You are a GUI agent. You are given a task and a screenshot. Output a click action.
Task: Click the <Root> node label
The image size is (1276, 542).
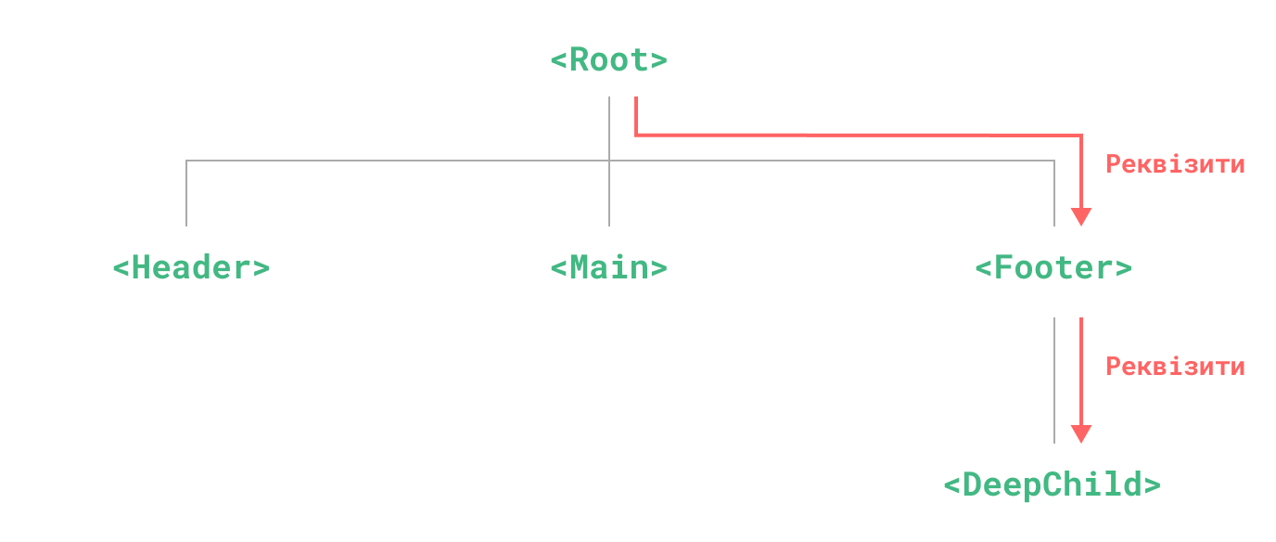pos(608,60)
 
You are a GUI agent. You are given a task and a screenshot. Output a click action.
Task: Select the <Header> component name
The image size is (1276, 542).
pos(190,268)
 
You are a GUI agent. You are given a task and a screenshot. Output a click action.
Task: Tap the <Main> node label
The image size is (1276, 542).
pos(608,268)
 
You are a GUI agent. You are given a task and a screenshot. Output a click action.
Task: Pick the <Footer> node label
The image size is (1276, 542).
pos(1053,268)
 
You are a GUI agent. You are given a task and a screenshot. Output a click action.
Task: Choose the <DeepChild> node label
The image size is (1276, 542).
pos(1052,485)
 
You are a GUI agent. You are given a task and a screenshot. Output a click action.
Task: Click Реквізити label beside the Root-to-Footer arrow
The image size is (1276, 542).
pos(1175,164)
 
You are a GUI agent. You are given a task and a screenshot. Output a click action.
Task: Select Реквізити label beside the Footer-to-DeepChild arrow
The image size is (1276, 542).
pos(1175,367)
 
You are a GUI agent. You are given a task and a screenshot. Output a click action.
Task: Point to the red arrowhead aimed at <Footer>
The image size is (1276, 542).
pos(1080,217)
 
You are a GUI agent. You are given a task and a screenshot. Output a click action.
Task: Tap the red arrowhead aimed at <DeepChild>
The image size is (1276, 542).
pos(1080,434)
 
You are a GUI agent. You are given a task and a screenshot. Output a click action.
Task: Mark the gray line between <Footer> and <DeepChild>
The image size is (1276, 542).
pos(1054,380)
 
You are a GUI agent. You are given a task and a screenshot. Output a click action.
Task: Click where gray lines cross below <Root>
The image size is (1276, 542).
pos(609,161)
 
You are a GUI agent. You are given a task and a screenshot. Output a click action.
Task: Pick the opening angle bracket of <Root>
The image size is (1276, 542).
pos(558,61)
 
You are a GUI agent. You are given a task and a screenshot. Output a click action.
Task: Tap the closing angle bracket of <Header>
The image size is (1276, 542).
pos(261,269)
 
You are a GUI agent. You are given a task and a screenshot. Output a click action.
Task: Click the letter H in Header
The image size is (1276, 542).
pos(142,268)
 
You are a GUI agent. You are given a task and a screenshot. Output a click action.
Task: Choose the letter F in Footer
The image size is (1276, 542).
pos(1004,268)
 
